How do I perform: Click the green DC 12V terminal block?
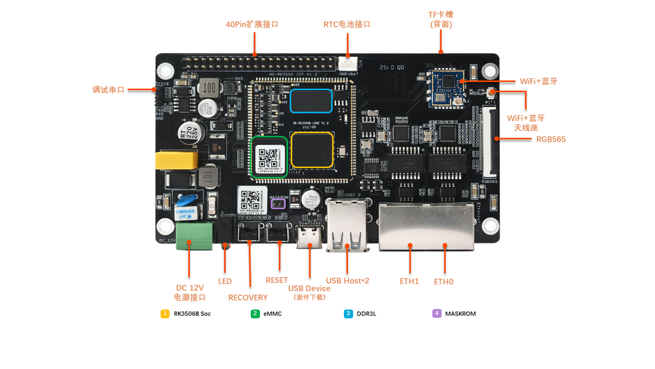(194, 235)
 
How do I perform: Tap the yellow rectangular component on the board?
(176, 161)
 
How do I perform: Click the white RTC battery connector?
(346, 64)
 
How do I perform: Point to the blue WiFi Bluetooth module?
(445, 86)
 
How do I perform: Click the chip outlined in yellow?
(312, 149)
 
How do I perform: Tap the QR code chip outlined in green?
(269, 157)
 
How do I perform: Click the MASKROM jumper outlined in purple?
(278, 204)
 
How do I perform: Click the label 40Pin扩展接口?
(252, 24)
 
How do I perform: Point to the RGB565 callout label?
(551, 139)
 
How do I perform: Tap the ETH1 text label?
(409, 281)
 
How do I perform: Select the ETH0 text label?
(443, 282)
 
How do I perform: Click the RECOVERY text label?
(248, 298)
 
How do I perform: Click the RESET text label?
(276, 280)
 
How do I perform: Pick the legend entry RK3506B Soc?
(192, 314)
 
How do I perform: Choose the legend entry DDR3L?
(366, 314)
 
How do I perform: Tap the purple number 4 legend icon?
(437, 314)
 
